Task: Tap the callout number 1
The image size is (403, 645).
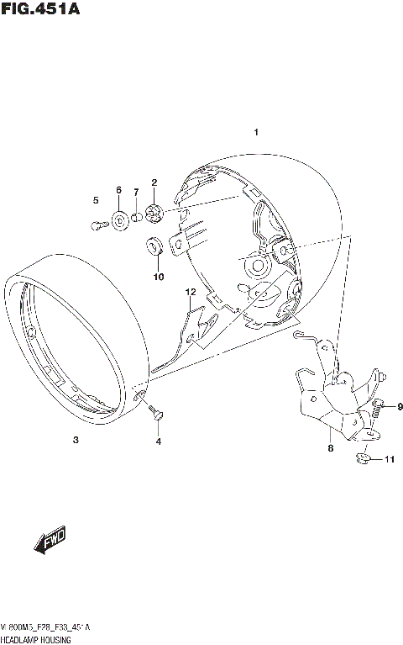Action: (x=257, y=132)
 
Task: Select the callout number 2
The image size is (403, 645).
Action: (x=154, y=182)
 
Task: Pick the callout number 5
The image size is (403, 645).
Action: (x=96, y=199)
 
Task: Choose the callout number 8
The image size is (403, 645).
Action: (x=330, y=449)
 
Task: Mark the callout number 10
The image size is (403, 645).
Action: (x=156, y=276)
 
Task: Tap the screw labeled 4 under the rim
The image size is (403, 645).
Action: (x=154, y=412)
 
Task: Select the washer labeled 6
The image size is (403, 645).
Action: (x=121, y=220)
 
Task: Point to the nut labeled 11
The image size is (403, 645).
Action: (x=363, y=459)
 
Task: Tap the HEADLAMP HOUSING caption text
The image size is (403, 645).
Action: (x=35, y=640)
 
